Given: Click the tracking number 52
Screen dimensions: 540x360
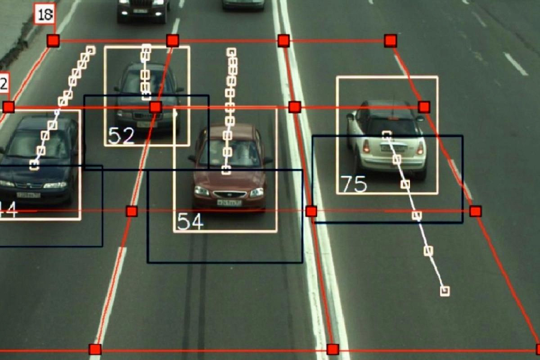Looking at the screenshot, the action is [x=121, y=135].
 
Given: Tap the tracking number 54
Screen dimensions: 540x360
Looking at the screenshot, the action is [x=190, y=221].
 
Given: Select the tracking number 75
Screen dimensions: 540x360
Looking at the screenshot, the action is [x=353, y=184].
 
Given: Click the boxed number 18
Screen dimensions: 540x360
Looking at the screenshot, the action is [x=45, y=14].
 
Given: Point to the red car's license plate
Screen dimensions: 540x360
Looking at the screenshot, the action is [x=229, y=203].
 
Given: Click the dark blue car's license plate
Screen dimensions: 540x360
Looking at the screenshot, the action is [x=28, y=195].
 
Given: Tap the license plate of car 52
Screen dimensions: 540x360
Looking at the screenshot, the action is [x=144, y=124].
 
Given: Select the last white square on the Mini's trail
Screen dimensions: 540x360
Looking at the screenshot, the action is [x=445, y=291].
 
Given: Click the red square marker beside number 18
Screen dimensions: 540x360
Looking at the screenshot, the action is [x=53, y=40].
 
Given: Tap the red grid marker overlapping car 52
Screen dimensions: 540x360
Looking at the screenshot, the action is [x=155, y=107].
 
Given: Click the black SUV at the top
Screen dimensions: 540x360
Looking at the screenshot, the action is [x=143, y=10].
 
